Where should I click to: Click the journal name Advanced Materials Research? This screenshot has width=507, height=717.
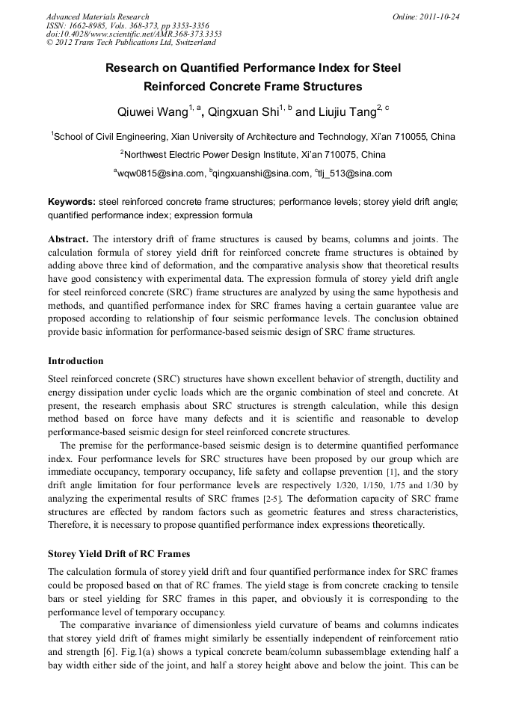point(97,16)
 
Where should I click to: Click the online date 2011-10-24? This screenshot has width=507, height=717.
point(437,16)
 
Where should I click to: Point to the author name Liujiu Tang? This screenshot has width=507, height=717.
point(346,113)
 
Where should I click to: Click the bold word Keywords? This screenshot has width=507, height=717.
point(72,202)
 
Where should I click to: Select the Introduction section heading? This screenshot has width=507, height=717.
point(76,361)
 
